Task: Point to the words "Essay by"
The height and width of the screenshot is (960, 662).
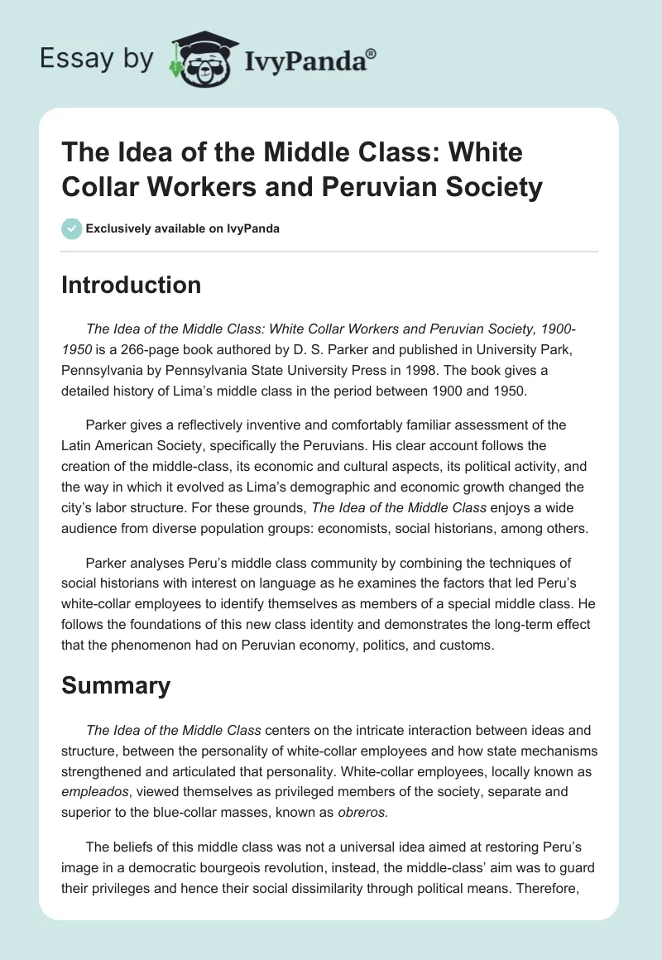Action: tap(96, 59)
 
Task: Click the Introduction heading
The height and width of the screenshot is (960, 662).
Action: tap(132, 285)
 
